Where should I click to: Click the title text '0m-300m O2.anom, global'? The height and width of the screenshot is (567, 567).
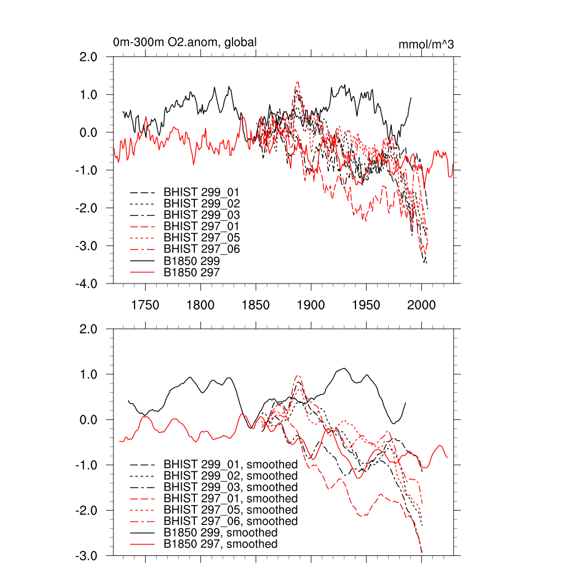tap(184, 43)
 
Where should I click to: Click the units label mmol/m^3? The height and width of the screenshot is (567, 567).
tap(426, 44)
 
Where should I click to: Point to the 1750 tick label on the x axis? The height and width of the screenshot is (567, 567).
tap(145, 305)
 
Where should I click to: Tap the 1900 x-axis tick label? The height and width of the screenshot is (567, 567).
tap(311, 305)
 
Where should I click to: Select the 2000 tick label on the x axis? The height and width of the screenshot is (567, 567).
tap(421, 305)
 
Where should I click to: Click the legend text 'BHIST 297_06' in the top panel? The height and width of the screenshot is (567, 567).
tap(202, 249)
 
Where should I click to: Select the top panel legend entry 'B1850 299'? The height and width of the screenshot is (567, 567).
tap(192, 260)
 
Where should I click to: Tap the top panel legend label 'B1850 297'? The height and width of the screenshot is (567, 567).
tap(192, 272)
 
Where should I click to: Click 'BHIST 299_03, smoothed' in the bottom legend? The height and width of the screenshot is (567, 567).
tap(230, 487)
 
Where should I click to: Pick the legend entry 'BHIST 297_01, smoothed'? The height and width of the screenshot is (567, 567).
tap(230, 498)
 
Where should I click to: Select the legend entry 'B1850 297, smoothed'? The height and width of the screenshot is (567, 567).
tap(220, 544)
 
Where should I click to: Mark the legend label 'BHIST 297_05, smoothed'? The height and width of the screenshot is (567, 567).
tap(230, 510)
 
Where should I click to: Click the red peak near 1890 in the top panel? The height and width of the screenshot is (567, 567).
tap(297, 82)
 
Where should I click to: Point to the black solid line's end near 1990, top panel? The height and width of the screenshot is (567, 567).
tap(411, 98)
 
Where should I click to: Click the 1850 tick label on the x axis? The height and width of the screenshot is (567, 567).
tap(255, 305)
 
